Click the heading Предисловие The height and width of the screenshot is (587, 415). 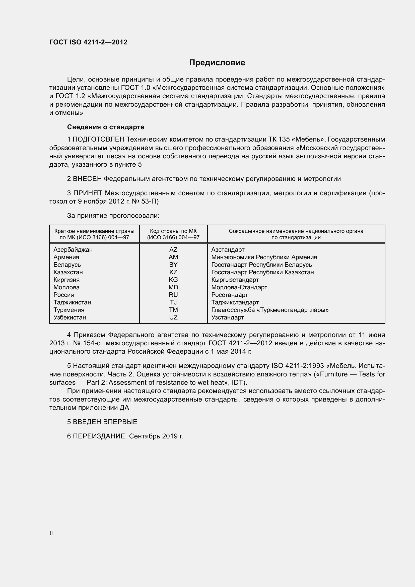click(217, 63)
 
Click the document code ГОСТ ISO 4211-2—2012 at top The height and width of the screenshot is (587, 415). click(88, 42)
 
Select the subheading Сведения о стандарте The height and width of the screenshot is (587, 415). click(106, 127)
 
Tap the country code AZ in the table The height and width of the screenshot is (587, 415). click(173, 249)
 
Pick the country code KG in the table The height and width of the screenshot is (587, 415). click(173, 280)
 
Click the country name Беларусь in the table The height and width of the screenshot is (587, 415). click(67, 265)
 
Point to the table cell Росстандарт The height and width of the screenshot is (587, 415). click(230, 295)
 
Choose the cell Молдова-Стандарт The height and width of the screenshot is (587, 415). click(239, 287)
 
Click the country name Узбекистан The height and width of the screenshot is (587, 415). click(70, 317)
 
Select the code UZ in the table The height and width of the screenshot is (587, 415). click(173, 317)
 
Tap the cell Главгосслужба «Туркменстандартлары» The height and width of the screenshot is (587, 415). click(270, 310)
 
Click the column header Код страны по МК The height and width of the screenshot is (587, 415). click(173, 231)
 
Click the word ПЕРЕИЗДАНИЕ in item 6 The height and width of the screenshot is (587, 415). click(100, 436)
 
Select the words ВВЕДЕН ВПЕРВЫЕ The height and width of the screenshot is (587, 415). click(105, 422)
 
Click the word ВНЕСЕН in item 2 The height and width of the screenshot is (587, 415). click(87, 179)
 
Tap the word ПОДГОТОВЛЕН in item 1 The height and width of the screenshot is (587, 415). click(99, 139)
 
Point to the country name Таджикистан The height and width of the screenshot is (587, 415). click(72, 302)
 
